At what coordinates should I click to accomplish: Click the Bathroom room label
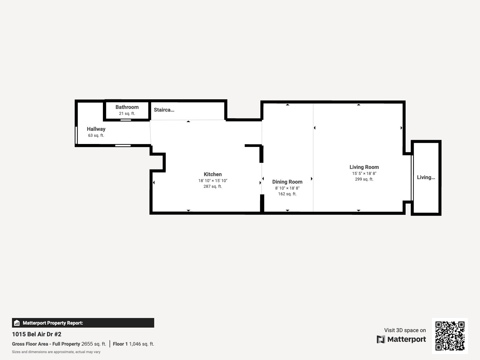click(127, 107)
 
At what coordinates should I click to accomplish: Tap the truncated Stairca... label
click(164, 110)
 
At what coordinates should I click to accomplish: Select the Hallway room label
click(96, 129)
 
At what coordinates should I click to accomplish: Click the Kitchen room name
click(213, 174)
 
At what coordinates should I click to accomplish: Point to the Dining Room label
click(287, 182)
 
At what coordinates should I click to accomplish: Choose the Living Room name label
click(364, 167)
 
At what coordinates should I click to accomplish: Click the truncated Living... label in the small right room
click(426, 177)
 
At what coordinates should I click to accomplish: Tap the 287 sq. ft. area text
click(213, 186)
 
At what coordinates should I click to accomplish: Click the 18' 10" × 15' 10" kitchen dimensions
click(213, 181)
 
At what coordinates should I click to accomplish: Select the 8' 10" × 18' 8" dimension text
click(287, 188)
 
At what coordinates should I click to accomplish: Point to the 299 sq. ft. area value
click(364, 179)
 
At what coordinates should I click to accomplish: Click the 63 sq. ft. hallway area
click(96, 135)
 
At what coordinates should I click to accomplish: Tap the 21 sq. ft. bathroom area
click(127, 113)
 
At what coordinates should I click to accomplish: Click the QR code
click(450, 336)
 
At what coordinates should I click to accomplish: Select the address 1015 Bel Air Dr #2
click(37, 334)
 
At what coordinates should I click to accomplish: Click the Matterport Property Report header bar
click(83, 323)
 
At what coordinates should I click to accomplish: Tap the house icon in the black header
click(17, 323)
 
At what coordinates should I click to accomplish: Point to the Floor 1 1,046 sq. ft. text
click(133, 344)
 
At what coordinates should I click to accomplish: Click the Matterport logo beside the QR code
click(401, 339)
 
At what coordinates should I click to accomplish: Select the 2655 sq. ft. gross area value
click(94, 344)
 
